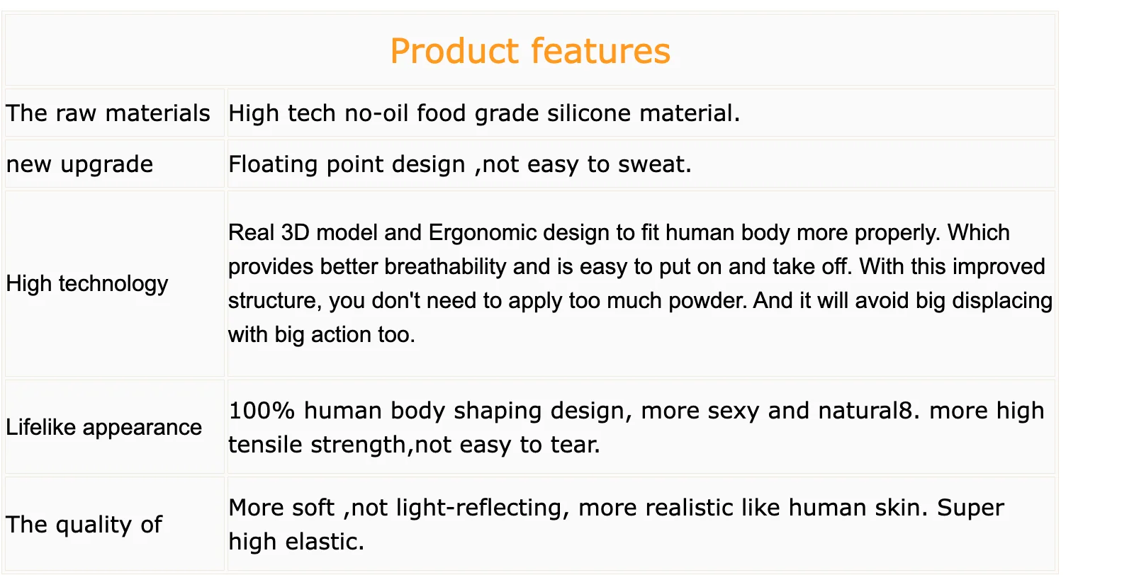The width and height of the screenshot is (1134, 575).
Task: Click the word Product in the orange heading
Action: (454, 51)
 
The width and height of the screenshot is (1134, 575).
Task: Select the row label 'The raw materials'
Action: (108, 113)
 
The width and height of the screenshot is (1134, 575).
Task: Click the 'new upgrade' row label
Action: (79, 164)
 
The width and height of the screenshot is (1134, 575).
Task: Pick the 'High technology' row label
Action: (87, 284)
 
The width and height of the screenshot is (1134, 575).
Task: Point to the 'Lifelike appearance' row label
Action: (103, 427)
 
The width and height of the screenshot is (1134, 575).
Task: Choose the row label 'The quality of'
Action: (84, 525)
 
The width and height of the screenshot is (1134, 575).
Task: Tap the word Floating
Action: (273, 164)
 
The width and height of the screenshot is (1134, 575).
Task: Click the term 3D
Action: (296, 232)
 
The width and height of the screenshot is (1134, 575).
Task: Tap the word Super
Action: (970, 508)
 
